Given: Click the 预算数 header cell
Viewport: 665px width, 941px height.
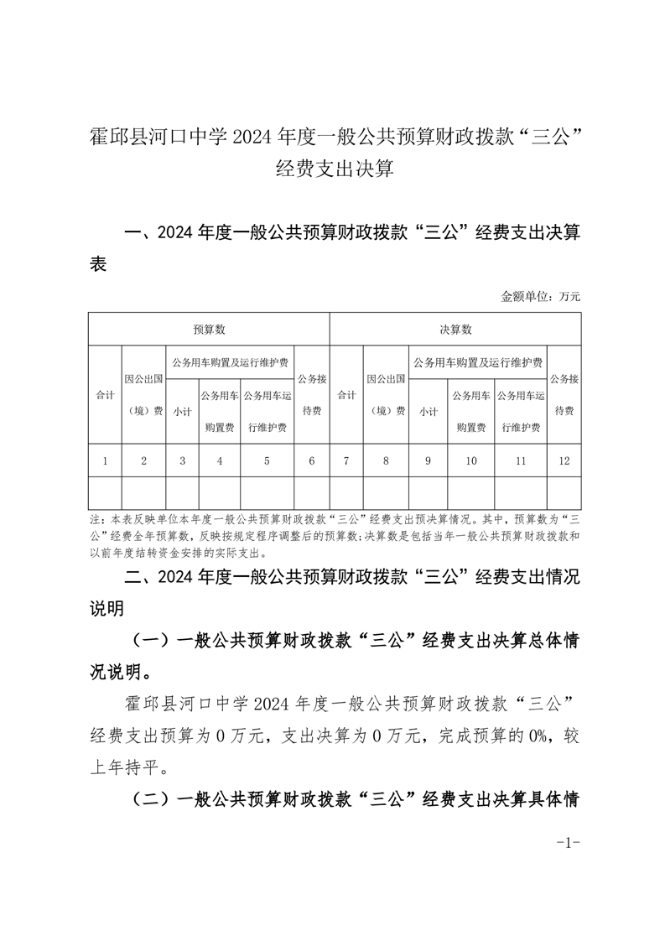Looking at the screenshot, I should tap(209, 330).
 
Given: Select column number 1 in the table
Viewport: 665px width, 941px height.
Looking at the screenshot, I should tap(105, 460).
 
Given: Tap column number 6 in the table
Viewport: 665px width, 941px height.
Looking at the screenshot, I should tap(312, 460).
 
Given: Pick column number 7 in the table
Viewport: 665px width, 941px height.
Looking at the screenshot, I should tap(346, 460).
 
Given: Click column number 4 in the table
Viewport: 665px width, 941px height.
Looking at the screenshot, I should tap(220, 460).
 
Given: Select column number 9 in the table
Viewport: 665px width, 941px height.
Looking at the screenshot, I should tap(429, 460).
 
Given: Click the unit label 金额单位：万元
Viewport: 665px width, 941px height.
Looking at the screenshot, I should tap(541, 296).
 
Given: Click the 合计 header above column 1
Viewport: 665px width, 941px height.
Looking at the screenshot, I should tap(105, 394).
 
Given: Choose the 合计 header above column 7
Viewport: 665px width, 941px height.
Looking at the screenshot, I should tap(346, 394).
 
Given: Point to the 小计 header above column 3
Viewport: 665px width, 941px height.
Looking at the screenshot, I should tap(182, 411).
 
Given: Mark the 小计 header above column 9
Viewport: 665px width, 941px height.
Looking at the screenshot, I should tap(429, 411).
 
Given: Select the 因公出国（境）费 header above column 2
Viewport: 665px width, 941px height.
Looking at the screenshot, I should tap(144, 394).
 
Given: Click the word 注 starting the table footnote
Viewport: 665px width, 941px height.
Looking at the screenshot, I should tap(93, 520).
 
